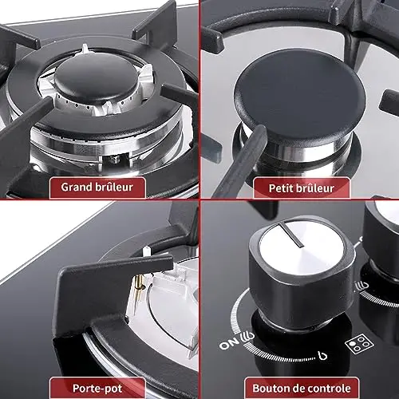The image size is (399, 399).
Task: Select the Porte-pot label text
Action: click(x=97, y=389)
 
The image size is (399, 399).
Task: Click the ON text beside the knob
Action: click(x=229, y=344)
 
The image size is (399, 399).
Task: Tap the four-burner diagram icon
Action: click(x=359, y=344)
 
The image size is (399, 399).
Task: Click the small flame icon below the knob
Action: click(x=322, y=355)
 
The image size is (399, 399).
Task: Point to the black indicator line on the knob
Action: click(x=291, y=235)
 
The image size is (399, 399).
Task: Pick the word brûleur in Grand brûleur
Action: click(x=114, y=187)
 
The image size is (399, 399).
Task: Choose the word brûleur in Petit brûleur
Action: click(x=314, y=188)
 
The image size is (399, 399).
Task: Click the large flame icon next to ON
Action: click(x=247, y=337)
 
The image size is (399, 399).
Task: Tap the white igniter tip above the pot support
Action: click(x=145, y=251)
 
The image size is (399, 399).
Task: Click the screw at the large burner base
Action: click(x=115, y=160)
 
